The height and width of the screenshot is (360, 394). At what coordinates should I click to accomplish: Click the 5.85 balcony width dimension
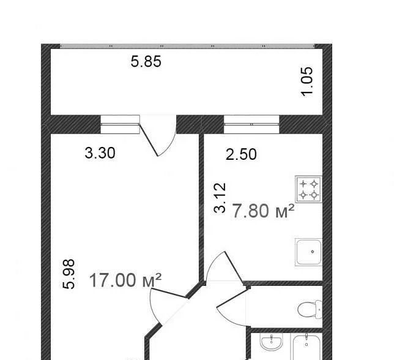point(146,62)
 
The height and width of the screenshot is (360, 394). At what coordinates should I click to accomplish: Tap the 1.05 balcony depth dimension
point(307,81)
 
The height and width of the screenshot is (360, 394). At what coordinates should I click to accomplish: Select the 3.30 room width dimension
point(100,153)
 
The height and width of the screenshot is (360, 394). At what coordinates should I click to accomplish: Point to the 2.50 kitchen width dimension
point(241,154)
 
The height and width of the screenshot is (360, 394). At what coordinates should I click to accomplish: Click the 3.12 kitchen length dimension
point(220,198)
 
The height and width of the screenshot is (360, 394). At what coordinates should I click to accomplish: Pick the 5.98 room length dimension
point(69,274)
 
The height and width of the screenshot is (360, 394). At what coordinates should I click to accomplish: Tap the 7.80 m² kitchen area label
point(263,211)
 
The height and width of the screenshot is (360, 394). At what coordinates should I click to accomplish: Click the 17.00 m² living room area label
point(125,280)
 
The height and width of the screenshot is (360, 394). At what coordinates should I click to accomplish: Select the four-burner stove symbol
point(308,189)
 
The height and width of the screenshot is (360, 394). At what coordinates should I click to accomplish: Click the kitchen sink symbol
point(308,252)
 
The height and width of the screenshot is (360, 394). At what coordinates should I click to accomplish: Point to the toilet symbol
point(310,309)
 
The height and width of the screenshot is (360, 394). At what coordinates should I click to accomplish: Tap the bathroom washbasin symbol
point(272,342)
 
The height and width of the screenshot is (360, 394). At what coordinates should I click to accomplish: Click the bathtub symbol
point(307,347)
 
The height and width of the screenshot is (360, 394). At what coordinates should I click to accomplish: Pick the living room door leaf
point(169,293)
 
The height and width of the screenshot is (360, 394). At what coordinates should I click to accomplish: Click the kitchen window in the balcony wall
point(251,124)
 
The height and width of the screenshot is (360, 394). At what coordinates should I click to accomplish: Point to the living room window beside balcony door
point(120,124)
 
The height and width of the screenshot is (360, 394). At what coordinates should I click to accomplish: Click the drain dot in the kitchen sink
point(313,252)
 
